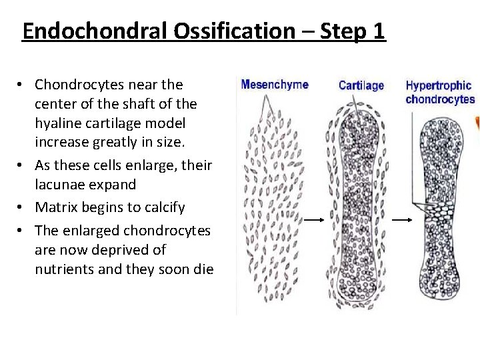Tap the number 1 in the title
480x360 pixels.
379,31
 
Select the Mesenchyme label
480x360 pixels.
275,85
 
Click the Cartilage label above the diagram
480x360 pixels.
361,85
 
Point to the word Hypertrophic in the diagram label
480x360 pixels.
439,85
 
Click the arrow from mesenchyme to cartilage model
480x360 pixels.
309,218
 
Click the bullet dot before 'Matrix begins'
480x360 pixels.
21,207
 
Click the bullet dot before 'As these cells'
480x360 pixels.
21,165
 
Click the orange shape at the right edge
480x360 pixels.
477,124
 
